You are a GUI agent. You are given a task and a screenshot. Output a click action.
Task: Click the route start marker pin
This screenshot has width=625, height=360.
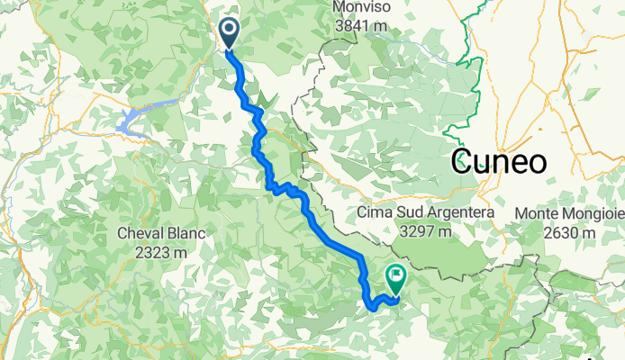(229, 33)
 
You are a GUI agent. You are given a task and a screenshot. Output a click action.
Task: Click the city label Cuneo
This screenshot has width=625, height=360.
(499, 163)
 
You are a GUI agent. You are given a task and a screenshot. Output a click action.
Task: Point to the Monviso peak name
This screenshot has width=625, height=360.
(361, 8)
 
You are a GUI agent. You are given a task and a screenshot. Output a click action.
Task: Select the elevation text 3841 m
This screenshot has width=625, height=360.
(361, 26)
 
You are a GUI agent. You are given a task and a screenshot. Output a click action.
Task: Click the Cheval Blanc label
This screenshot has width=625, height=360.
(162, 234)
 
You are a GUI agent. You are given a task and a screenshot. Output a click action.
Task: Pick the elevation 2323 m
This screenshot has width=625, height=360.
(162, 252)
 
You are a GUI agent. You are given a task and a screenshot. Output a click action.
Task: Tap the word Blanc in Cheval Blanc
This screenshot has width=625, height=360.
(186, 234)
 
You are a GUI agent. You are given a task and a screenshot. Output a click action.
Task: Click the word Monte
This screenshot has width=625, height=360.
(537, 213)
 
